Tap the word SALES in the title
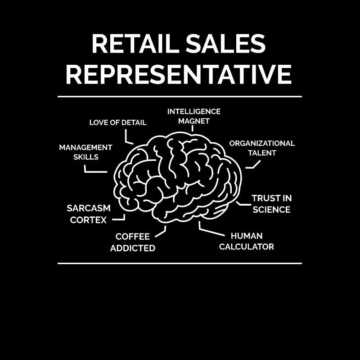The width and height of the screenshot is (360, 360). [x=226, y=44]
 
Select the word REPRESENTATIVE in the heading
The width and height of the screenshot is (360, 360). [x=179, y=74]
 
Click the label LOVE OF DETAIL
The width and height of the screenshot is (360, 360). [x=118, y=122]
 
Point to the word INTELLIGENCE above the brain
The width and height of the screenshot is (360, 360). [x=194, y=112]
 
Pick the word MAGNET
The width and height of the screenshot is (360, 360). [x=194, y=121]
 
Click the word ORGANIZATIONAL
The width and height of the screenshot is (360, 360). [x=262, y=143]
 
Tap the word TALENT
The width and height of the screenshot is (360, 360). [x=262, y=153]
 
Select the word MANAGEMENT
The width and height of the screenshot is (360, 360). [x=85, y=148]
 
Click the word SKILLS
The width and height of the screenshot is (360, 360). [x=86, y=157]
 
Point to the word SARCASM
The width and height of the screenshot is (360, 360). [x=89, y=208]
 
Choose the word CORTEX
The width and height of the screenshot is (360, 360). [x=88, y=220]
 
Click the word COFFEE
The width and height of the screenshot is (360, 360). [x=133, y=237]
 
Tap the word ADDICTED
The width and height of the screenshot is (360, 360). [x=133, y=248]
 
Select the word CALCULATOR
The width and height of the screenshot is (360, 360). [x=247, y=247]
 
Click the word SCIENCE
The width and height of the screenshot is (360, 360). [x=272, y=210]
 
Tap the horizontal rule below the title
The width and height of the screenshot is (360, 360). [x=180, y=97]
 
